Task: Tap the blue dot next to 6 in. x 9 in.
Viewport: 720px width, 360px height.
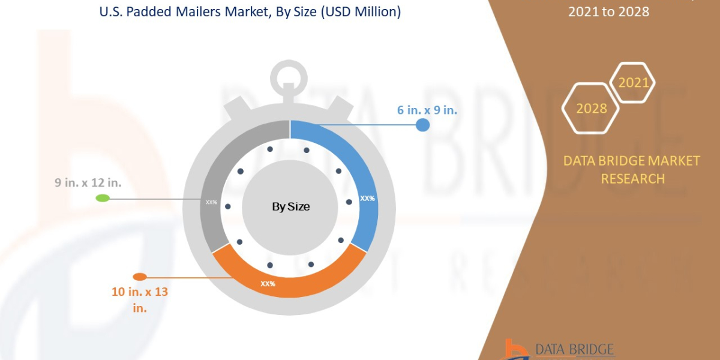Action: coord(423,125)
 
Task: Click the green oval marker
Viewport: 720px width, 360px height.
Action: coord(103,198)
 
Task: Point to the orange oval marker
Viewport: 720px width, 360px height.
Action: coord(139,277)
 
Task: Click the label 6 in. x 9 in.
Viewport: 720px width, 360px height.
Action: coord(427,110)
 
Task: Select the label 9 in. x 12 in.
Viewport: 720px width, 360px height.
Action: coord(88,183)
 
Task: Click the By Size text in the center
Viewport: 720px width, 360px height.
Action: coord(291,207)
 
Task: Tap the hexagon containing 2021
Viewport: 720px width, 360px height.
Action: coord(633,82)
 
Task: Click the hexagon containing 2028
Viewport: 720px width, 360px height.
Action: coord(591,109)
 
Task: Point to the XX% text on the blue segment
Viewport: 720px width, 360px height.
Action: coord(367,198)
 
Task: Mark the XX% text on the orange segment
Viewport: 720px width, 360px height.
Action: coord(268,283)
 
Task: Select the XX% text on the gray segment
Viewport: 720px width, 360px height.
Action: coord(211,202)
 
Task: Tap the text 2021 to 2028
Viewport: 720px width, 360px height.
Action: coord(608,11)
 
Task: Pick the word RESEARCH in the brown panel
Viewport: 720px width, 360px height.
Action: coord(632,179)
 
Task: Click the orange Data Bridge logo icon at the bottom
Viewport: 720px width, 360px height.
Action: coord(514,350)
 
